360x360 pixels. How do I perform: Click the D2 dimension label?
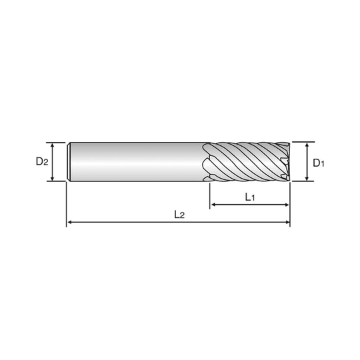click(x=41, y=161)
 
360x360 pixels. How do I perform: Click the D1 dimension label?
click(x=318, y=161)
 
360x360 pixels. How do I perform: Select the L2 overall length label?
click(x=178, y=214)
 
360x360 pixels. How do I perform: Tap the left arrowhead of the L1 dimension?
click(x=214, y=203)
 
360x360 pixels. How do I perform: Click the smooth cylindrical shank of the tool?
click(x=133, y=161)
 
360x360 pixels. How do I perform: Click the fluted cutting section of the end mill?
click(x=247, y=161)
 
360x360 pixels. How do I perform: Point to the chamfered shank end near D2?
click(x=69, y=161)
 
